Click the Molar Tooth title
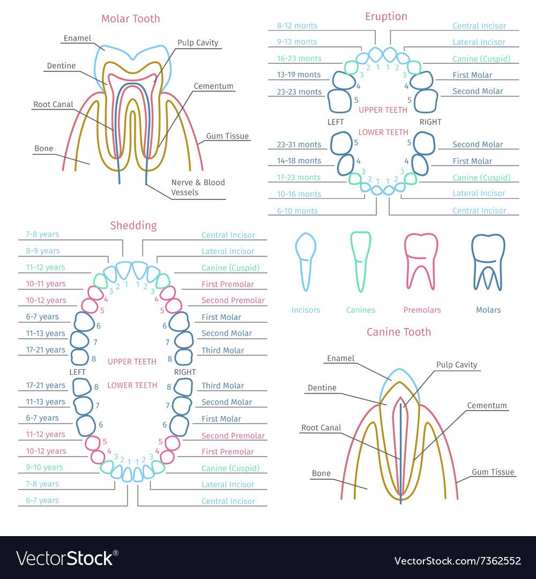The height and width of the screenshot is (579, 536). (x=131, y=19)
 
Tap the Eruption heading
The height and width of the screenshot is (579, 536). (x=386, y=17)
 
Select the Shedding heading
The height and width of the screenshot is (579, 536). (x=133, y=226)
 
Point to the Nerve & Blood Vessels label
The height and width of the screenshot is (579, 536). (x=198, y=187)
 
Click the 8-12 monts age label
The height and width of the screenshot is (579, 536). (x=297, y=25)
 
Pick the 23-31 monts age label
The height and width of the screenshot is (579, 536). (x=299, y=144)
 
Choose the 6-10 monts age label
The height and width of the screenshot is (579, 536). (x=297, y=211)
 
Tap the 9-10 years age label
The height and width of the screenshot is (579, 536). (x=44, y=467)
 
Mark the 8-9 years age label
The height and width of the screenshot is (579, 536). (x=42, y=250)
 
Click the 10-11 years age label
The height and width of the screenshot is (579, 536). (x=46, y=284)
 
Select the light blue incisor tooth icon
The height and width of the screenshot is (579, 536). (x=306, y=261)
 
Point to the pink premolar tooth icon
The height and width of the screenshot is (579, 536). (x=421, y=261)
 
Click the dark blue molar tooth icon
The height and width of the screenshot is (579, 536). (x=488, y=262)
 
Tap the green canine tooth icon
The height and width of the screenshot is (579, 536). (x=360, y=261)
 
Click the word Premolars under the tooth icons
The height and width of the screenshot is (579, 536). (x=422, y=310)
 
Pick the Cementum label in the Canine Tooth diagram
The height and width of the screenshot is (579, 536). (x=487, y=406)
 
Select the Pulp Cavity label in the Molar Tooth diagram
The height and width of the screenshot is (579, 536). (x=198, y=43)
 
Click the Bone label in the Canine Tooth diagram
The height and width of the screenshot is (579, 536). (x=321, y=473)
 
